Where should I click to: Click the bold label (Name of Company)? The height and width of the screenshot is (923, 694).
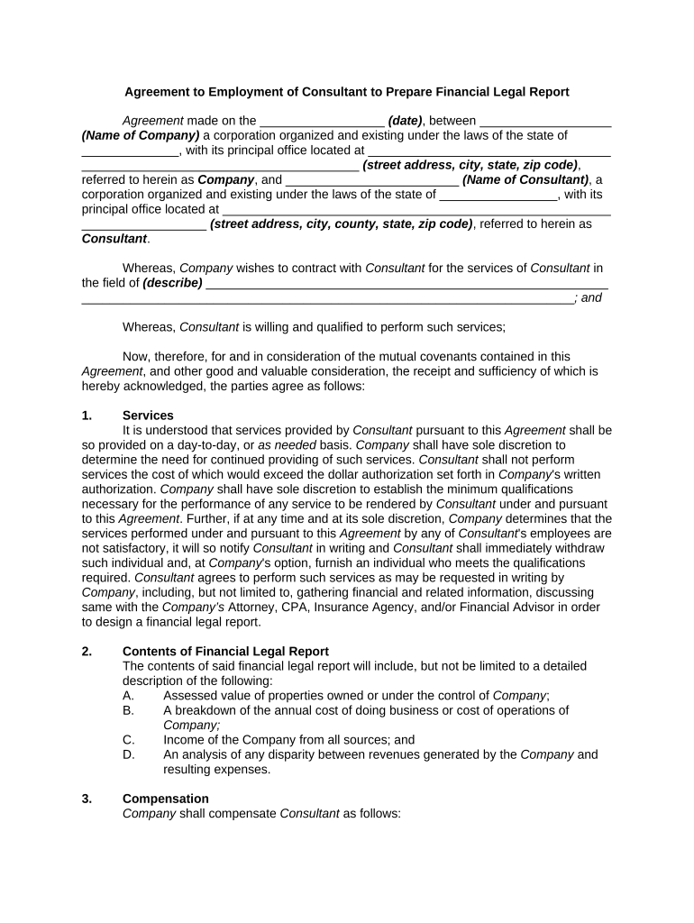tap(140, 136)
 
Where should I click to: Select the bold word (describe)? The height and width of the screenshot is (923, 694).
tap(172, 283)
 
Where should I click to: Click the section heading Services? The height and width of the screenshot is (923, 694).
tap(148, 416)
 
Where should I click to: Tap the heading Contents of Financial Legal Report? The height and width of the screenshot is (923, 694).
tap(225, 652)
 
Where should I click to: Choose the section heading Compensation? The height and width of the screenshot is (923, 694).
tap(165, 799)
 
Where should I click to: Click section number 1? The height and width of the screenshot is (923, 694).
tap(87, 416)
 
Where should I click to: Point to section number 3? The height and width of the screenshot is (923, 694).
tap(87, 799)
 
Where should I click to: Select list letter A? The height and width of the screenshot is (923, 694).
tap(128, 696)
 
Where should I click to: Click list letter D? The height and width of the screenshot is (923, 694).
tap(128, 754)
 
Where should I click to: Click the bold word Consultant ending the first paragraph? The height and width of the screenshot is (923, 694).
tap(114, 239)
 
